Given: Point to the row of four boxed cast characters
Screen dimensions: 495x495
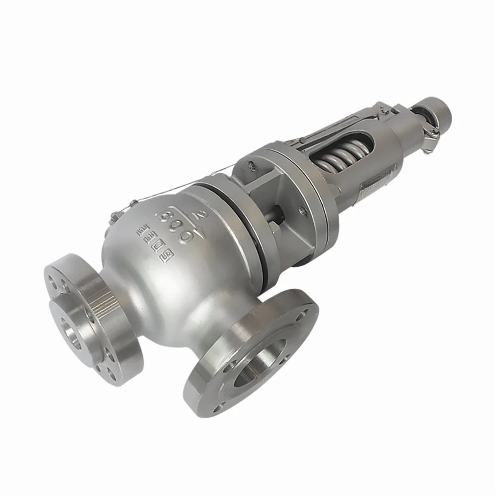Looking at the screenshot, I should pyautogui.click(x=152, y=241).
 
